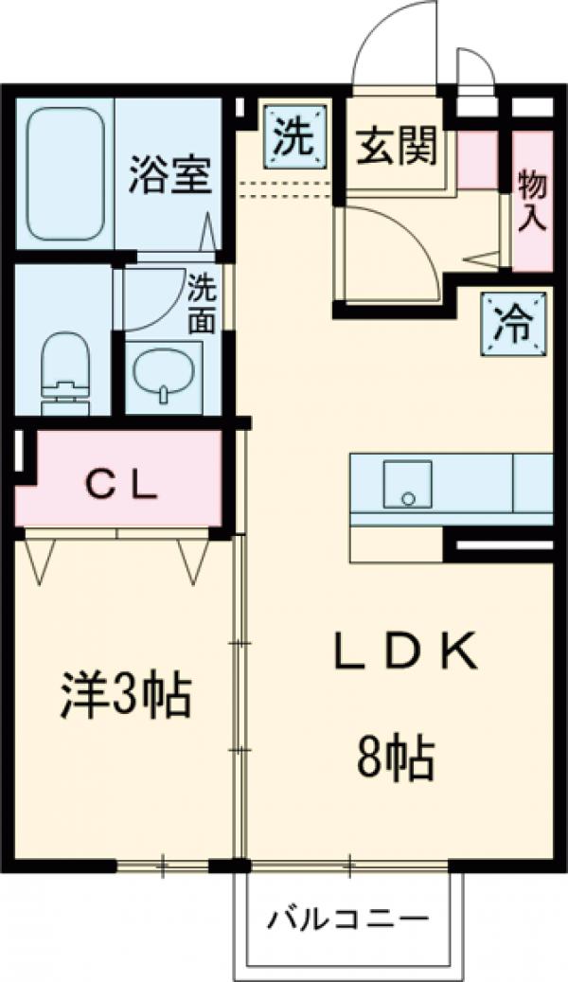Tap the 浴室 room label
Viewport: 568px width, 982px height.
[170, 175]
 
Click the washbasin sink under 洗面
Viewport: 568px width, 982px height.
[165, 375]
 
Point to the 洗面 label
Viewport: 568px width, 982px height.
[201, 303]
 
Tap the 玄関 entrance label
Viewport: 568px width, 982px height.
[398, 147]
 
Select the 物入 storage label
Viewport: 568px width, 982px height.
[533, 201]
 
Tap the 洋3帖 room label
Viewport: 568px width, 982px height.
[127, 696]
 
